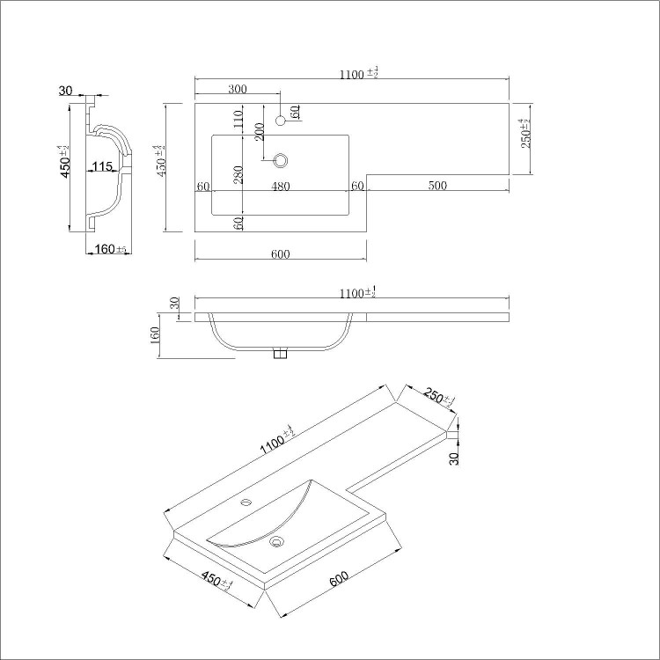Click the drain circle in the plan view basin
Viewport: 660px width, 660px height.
point(282,160)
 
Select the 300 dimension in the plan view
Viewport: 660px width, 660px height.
point(237,89)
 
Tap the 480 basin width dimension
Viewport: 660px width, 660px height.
point(281,186)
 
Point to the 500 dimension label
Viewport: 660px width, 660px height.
point(437,186)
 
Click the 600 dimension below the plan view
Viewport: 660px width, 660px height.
point(281,254)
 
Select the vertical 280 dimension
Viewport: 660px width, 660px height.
point(238,175)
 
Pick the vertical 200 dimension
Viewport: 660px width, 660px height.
point(260,132)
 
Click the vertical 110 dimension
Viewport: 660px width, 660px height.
point(238,120)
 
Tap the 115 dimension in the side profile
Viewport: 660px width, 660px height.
point(102,167)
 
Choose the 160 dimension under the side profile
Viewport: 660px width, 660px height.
point(106,250)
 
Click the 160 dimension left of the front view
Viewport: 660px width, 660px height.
point(155,335)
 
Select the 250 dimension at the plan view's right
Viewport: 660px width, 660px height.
point(525,135)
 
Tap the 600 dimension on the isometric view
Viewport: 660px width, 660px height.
point(339,582)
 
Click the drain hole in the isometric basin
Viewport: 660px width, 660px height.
point(279,542)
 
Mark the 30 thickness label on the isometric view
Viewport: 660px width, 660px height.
point(454,458)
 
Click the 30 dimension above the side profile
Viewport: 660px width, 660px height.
point(65,90)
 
